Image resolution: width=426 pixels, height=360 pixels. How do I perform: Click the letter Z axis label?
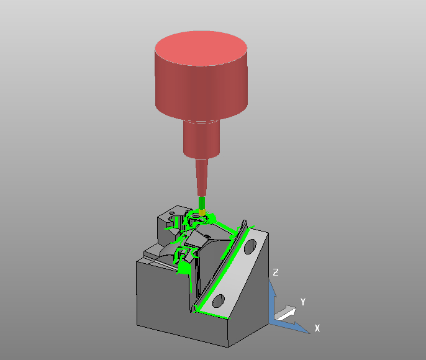pyautogui.click(x=276, y=272)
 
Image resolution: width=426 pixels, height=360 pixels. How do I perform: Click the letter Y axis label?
pyautogui.click(x=303, y=302)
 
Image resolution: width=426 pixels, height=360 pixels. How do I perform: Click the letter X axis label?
pyautogui.click(x=317, y=328)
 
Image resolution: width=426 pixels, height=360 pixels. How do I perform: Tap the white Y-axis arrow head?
pyautogui.click(x=291, y=310)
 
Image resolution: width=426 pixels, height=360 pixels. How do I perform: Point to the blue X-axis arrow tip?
pyautogui.click(x=309, y=333)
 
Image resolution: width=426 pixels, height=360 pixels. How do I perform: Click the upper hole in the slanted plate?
pyautogui.click(x=250, y=246)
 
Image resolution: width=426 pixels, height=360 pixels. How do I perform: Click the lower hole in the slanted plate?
pyautogui.click(x=219, y=301)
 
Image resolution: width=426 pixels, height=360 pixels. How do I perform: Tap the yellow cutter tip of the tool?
pyautogui.click(x=202, y=212)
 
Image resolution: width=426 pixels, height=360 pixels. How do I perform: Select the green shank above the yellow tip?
pyautogui.click(x=202, y=202)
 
